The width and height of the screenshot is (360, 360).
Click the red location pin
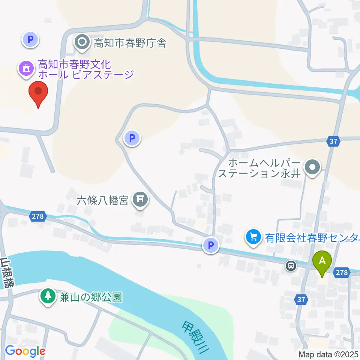[x=38, y=93]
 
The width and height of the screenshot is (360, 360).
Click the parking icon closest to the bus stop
[x=211, y=246]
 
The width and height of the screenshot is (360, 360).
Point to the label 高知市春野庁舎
[x=130, y=43]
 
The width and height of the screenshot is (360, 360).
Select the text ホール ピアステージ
[x=85, y=74]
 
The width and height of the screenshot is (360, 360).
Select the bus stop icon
[x=291, y=266]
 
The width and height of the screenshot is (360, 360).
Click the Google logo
[x=25, y=351]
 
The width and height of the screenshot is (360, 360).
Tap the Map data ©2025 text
[x=328, y=354]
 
